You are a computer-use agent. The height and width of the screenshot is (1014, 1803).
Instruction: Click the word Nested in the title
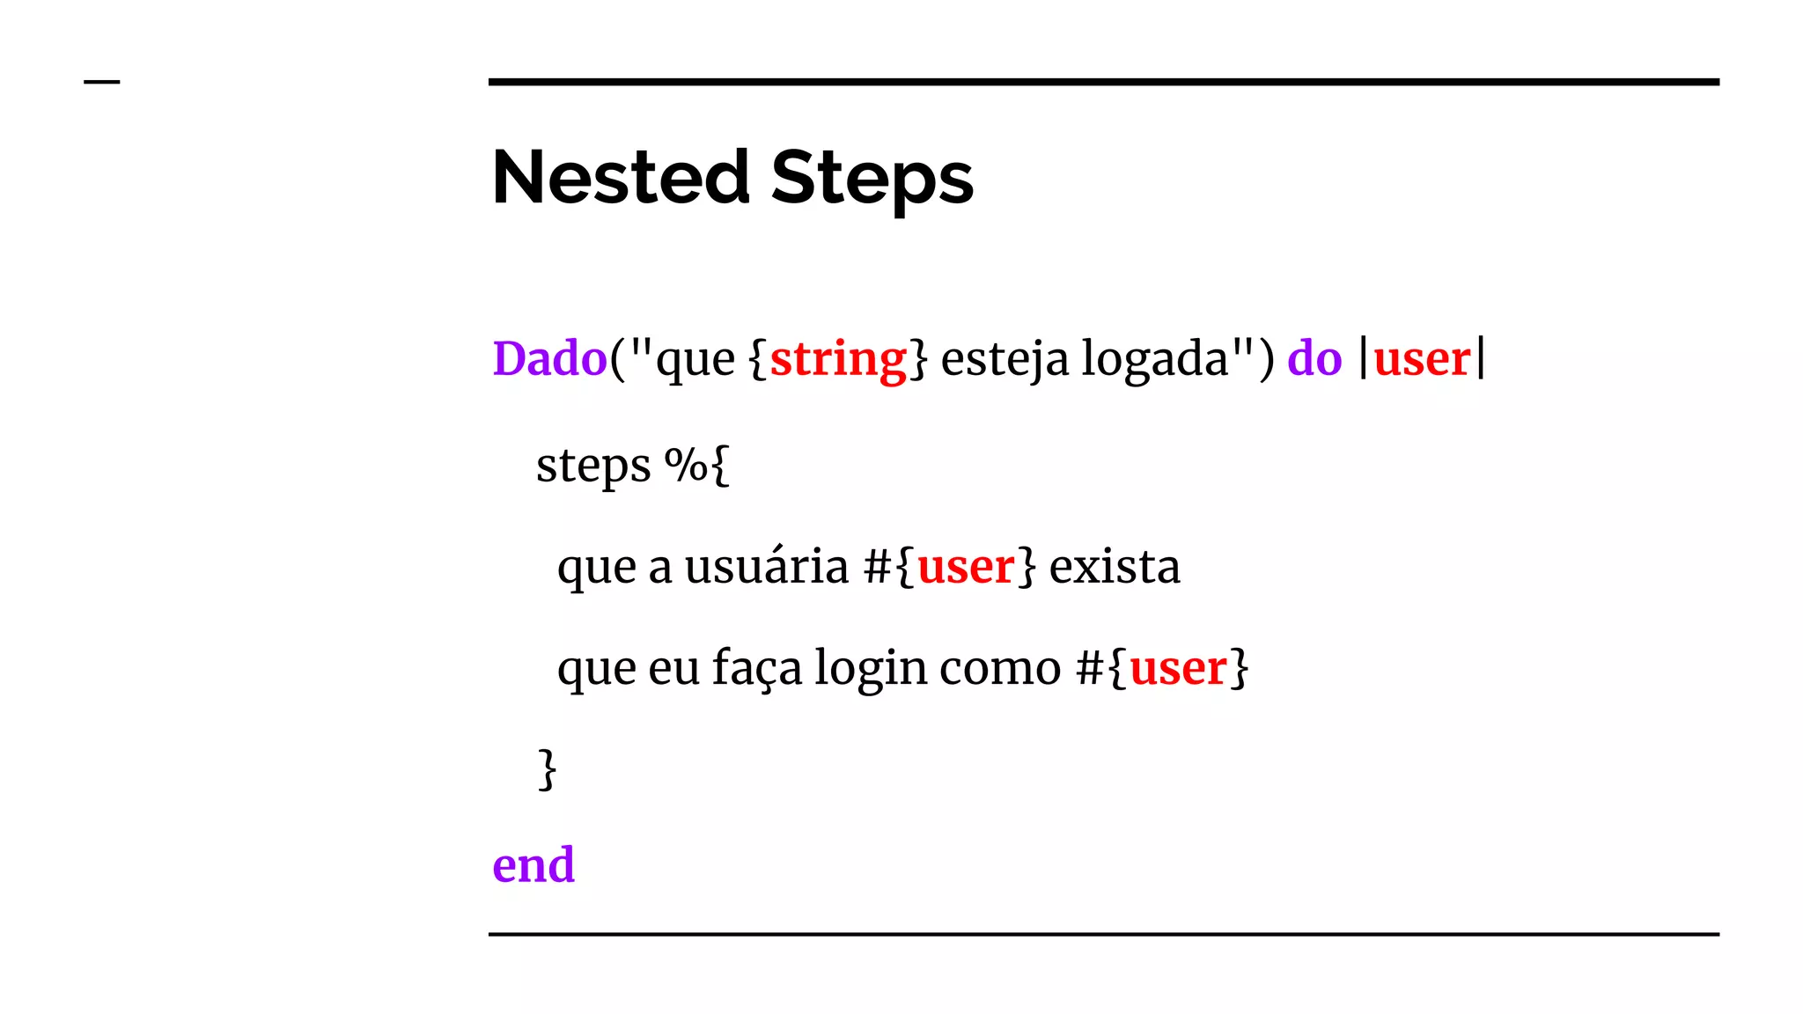[x=621, y=178]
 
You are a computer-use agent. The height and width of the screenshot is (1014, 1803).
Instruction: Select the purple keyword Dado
[x=549, y=359]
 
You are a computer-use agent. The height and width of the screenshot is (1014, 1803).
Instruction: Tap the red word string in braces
[x=838, y=359]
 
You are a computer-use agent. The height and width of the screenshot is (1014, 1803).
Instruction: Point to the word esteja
[x=1005, y=359]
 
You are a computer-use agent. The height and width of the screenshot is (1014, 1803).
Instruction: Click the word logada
[x=1155, y=359]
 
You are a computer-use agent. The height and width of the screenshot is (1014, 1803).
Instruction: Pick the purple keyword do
[x=1314, y=359]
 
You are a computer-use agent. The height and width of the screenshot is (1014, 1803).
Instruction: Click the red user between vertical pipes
[x=1422, y=359]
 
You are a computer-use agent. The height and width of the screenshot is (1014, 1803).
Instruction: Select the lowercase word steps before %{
[x=593, y=466]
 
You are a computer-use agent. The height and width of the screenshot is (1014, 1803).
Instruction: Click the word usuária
[x=766, y=566]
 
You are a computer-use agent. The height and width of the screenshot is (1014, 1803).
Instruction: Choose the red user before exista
[x=966, y=567]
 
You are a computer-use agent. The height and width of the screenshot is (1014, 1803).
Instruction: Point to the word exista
[x=1115, y=566]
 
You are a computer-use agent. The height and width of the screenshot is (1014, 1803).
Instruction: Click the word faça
[x=757, y=668]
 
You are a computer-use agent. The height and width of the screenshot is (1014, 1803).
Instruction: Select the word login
[x=870, y=668]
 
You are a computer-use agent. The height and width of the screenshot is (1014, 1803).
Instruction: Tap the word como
[x=1000, y=668]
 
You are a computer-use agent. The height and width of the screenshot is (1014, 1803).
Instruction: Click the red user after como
[x=1178, y=668]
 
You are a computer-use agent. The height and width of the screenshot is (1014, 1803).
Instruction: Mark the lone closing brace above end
[x=547, y=769]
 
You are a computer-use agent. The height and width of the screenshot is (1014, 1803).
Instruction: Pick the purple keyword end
[x=534, y=864]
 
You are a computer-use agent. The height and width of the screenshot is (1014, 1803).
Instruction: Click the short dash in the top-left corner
[x=101, y=82]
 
